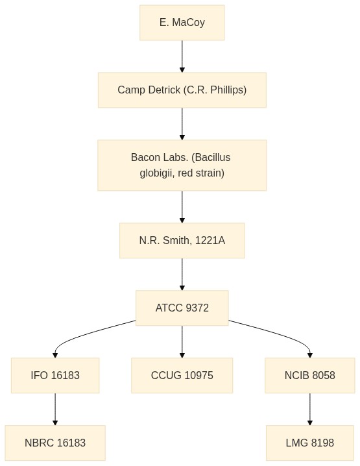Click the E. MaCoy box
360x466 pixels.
182,23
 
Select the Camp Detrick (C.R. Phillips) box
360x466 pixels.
182,90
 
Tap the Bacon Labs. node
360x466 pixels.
182,166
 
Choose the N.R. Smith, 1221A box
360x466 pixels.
182,240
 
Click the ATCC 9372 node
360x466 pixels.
182,308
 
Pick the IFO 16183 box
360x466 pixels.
55,375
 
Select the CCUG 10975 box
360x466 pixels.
182,375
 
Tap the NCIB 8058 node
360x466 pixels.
310,375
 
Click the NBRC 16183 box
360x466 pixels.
55,443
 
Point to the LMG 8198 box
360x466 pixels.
310,443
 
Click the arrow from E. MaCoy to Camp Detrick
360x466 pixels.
182,56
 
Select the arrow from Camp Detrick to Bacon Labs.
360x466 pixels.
182,123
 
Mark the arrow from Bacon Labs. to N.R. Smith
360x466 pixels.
182,206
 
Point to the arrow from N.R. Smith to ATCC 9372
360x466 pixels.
182,274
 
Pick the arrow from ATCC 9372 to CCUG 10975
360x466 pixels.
182,341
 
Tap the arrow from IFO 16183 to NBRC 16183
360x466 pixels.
55,409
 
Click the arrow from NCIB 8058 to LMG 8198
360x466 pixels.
310,409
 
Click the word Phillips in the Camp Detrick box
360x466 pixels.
228,90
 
